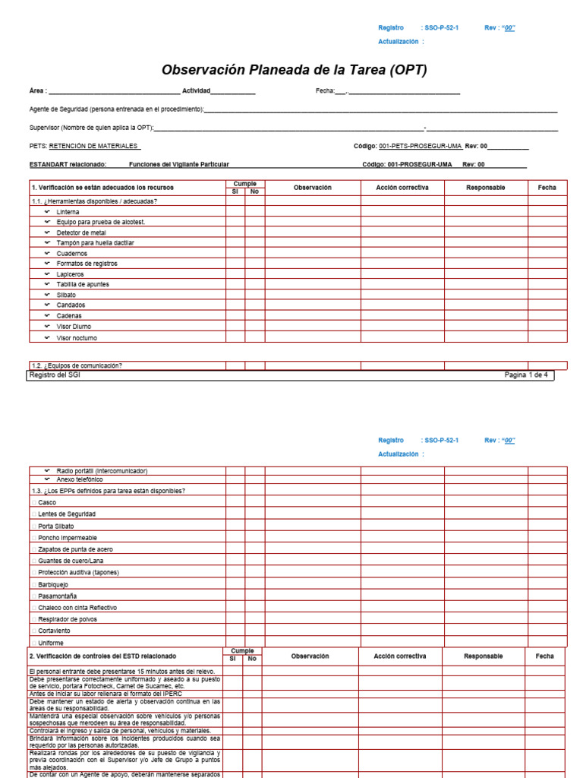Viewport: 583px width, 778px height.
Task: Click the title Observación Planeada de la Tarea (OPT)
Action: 295,70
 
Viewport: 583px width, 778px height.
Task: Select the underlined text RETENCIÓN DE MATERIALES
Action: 94,146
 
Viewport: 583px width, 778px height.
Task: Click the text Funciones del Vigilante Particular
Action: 178,164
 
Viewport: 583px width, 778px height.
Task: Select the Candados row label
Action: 71,305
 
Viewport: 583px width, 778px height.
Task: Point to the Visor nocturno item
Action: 77,337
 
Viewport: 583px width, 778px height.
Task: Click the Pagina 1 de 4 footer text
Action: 525,375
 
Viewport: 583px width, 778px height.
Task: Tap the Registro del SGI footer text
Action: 54,375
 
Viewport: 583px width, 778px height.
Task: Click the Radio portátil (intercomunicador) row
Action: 102,471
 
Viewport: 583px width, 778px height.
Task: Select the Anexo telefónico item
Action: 80,480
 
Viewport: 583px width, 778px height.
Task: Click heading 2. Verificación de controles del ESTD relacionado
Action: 102,656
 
